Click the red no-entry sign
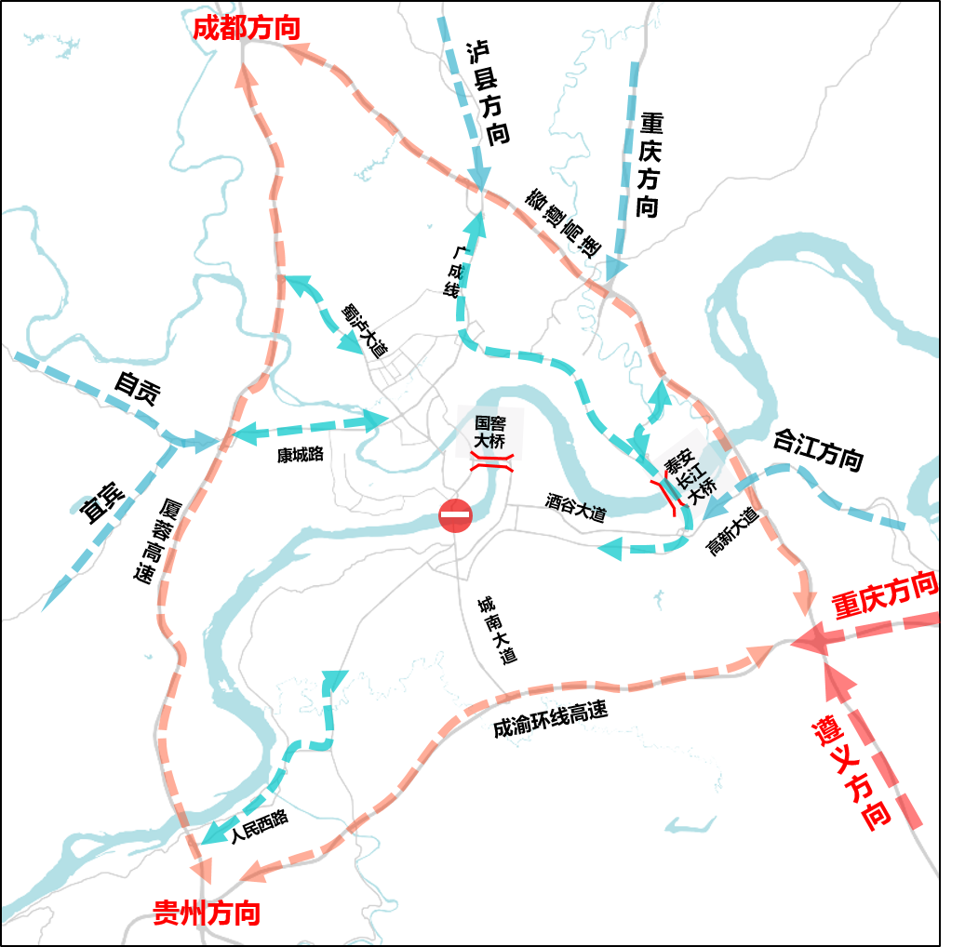(x=456, y=515)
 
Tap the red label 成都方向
(x=247, y=28)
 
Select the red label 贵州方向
(x=207, y=913)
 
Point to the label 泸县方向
(x=489, y=91)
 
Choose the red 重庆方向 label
(x=884, y=595)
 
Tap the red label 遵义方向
(x=851, y=774)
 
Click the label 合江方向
(x=818, y=449)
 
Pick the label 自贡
(x=137, y=390)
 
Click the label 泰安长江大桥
(x=691, y=472)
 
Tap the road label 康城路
(x=300, y=455)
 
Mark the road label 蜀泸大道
(x=364, y=330)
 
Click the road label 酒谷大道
(x=575, y=507)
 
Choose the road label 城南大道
(x=496, y=630)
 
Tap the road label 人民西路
(x=260, y=825)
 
